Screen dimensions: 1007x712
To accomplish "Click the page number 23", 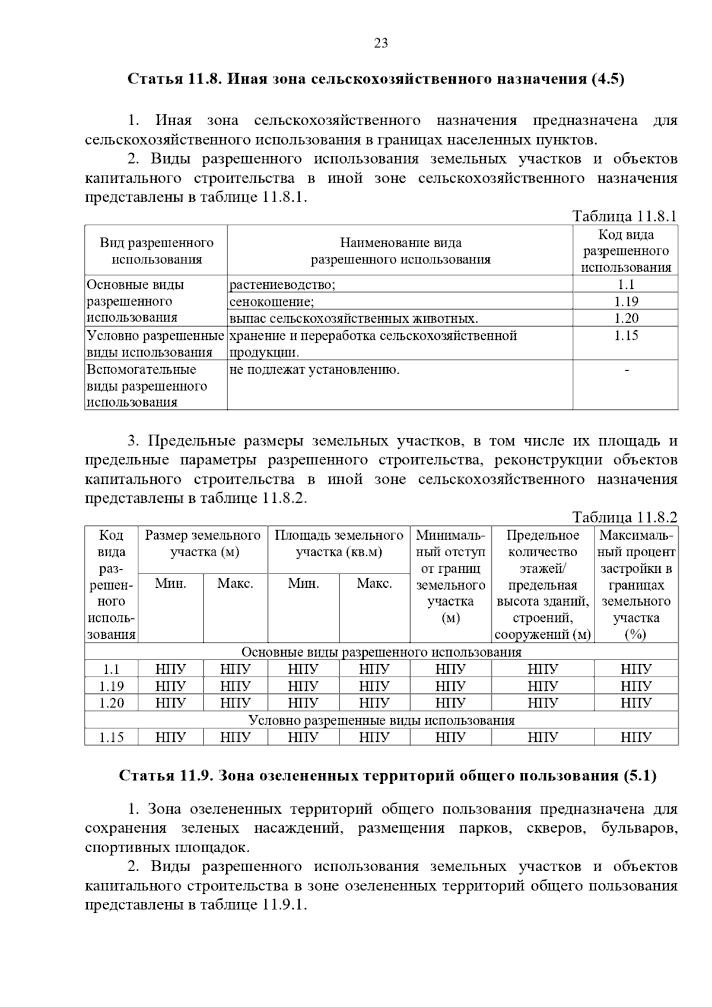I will pyautogui.click(x=381, y=43).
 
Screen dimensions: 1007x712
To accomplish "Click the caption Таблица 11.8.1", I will pyautogui.click(x=624, y=216).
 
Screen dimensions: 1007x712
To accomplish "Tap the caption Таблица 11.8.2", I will pyautogui.click(x=624, y=517).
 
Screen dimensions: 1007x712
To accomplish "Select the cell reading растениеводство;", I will pyautogui.click(x=282, y=285).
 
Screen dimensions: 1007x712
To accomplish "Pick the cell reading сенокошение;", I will pyautogui.click(x=272, y=302).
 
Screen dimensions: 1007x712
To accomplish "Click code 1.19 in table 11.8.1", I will pyautogui.click(x=626, y=302).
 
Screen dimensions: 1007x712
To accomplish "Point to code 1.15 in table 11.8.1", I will pyautogui.click(x=626, y=336).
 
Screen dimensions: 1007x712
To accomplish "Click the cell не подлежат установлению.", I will pyautogui.click(x=314, y=371).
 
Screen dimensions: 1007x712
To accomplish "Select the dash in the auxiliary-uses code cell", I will pyautogui.click(x=627, y=371).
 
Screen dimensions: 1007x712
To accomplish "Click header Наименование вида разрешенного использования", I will pyautogui.click(x=401, y=251).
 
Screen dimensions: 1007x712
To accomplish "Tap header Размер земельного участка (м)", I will pyautogui.click(x=203, y=544).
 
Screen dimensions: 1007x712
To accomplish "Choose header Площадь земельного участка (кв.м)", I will pyautogui.click(x=339, y=544).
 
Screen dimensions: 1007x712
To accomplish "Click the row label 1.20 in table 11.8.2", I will pyautogui.click(x=112, y=703).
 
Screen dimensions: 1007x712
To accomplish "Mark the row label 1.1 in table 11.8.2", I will pyautogui.click(x=112, y=670).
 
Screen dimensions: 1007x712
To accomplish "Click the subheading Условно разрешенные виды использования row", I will pyautogui.click(x=381, y=721).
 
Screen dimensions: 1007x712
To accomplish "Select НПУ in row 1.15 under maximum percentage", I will pyautogui.click(x=636, y=738).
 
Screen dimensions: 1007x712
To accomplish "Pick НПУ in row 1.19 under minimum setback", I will pyautogui.click(x=450, y=687).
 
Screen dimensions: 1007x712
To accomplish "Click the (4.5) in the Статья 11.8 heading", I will pyautogui.click(x=608, y=79).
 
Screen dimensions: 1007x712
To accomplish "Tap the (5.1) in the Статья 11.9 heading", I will pyautogui.click(x=640, y=776).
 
